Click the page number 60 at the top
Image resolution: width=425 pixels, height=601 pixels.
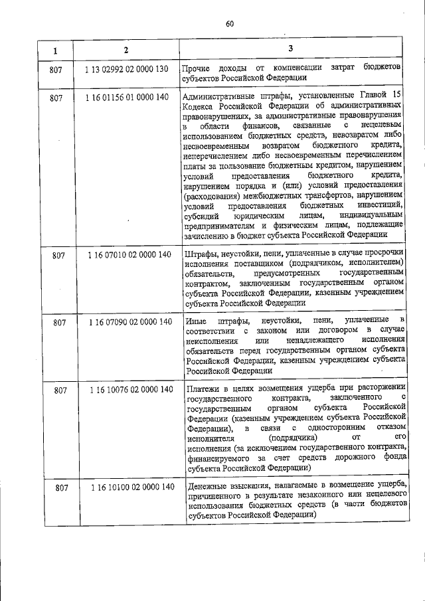click(x=230, y=24)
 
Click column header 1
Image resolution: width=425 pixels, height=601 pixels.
click(x=56, y=50)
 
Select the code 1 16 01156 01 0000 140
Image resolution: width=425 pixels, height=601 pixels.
click(x=127, y=98)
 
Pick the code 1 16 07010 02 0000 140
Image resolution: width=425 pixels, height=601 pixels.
click(x=129, y=255)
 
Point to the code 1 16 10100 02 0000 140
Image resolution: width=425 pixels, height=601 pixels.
click(x=133, y=487)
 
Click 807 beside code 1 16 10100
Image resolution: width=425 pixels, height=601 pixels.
click(x=62, y=487)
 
